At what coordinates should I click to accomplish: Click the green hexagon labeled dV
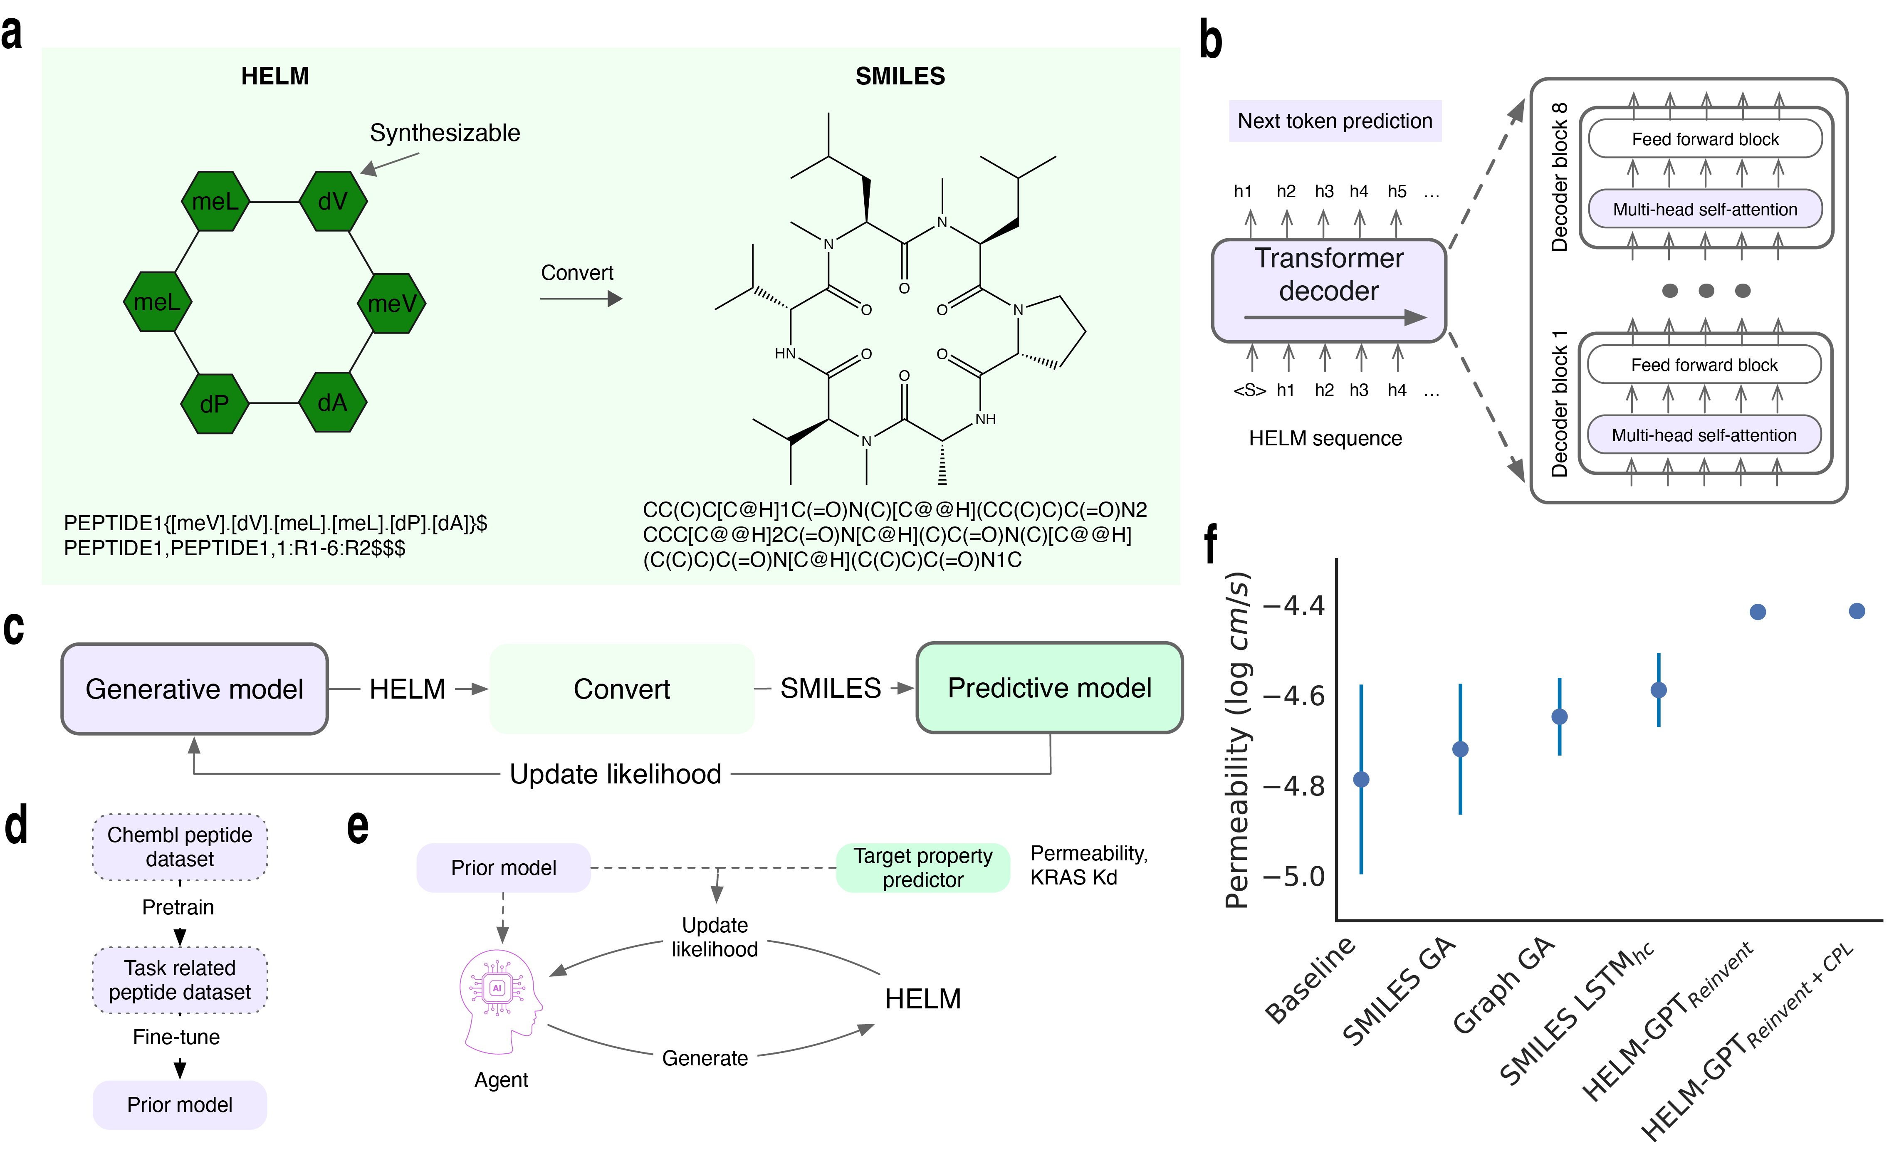point(333,201)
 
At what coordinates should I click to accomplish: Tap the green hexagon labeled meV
point(392,303)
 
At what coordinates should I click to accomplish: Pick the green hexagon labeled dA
point(332,403)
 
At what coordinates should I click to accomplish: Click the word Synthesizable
point(445,133)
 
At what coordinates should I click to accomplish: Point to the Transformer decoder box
point(1329,290)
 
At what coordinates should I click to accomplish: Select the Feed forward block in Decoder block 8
point(1705,139)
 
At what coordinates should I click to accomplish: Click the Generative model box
point(195,689)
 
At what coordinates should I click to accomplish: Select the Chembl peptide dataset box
point(180,847)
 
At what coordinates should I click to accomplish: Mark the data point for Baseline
point(1361,779)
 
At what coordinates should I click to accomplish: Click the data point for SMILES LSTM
point(1659,690)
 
